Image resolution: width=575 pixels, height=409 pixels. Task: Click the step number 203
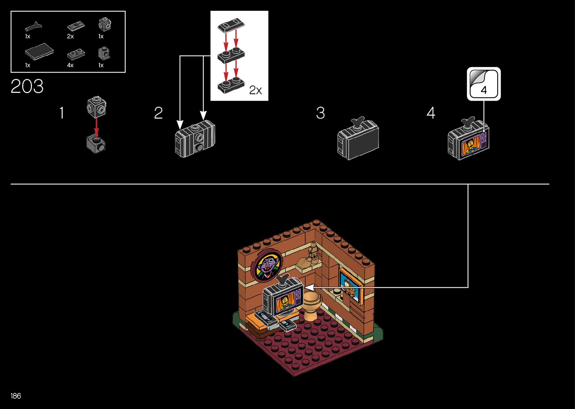27,87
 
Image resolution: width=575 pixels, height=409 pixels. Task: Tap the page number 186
16,396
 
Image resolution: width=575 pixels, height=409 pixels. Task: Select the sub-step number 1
62,113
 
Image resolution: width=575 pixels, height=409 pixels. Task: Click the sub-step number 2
158,113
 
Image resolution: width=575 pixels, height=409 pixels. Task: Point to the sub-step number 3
320,113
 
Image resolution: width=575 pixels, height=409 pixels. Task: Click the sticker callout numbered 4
484,84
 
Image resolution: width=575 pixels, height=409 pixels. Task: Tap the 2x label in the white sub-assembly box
255,90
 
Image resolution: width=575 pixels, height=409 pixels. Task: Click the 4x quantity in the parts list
70,65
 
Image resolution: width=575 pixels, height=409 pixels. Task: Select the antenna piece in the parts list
33,27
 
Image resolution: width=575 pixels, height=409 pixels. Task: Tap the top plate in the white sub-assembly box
231,26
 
